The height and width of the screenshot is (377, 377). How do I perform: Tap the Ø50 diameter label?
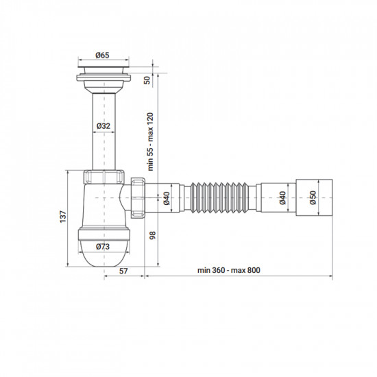(x=313, y=199)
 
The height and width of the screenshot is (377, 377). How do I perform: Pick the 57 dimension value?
(x=123, y=272)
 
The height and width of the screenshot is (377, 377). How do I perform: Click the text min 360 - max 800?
(x=228, y=271)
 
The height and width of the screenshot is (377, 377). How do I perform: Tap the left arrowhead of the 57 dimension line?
(x=106, y=277)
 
